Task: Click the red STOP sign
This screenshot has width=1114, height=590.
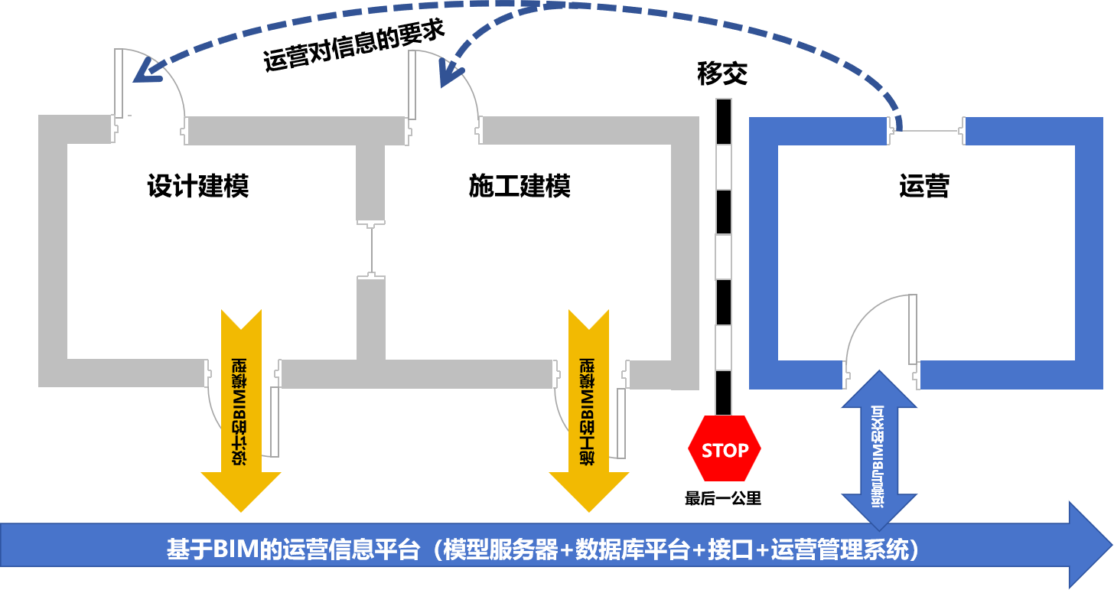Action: [725, 449]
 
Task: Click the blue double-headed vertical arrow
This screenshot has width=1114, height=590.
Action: [879, 450]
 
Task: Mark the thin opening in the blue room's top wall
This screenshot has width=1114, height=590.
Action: [928, 131]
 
